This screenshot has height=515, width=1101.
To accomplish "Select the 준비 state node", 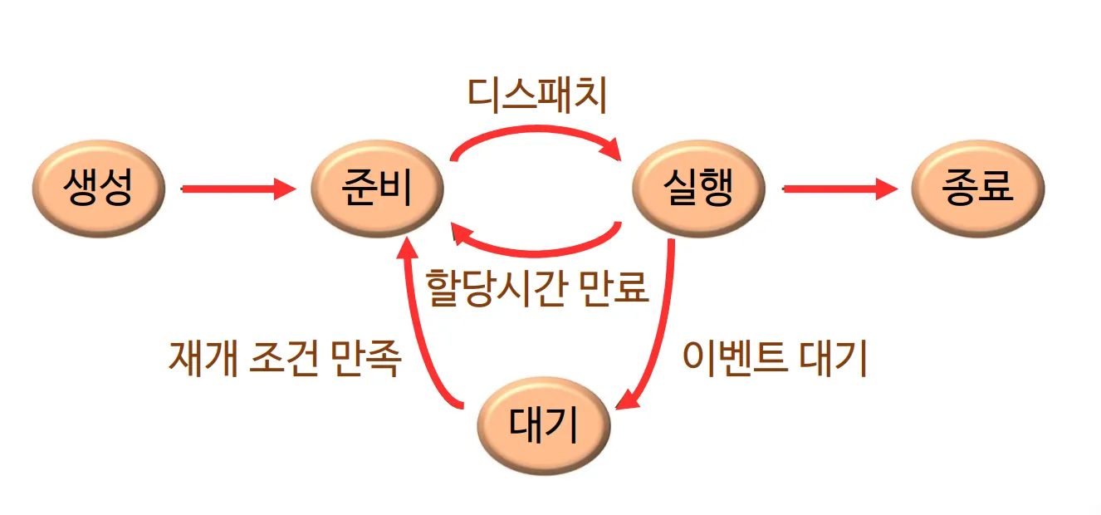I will point(377,189).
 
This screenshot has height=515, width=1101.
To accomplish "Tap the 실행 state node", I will point(698,189).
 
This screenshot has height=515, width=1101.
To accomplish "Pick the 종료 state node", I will point(977,189).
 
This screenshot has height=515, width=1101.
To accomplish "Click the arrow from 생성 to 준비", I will point(237,189).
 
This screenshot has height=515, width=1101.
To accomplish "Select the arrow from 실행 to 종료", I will point(839,189).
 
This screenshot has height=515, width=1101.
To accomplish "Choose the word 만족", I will point(366,359).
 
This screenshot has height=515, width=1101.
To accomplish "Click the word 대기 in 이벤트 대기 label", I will point(834,359).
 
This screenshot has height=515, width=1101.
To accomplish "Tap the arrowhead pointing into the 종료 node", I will point(887,189).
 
